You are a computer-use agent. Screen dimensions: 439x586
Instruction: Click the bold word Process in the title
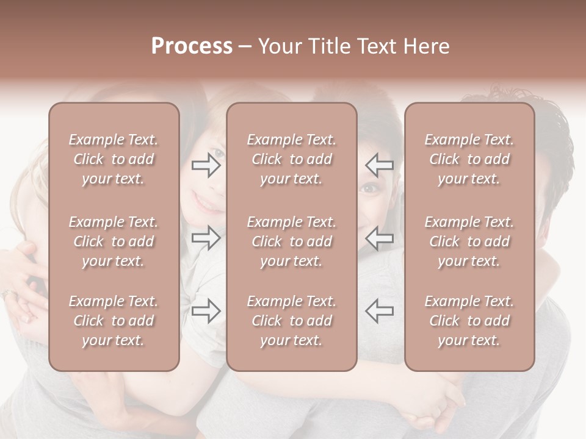pyautogui.click(x=192, y=46)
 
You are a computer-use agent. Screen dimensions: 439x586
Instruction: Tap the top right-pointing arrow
pyautogui.click(x=206, y=165)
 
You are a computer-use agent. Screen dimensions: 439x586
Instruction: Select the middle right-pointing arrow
pyautogui.click(x=206, y=238)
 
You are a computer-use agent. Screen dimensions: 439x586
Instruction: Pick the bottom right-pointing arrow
pyautogui.click(x=206, y=311)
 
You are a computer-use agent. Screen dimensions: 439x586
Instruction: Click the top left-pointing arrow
pyautogui.click(x=379, y=165)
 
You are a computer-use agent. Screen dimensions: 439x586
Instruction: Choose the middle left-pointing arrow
pyautogui.click(x=379, y=238)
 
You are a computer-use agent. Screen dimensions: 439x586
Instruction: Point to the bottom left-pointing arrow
pyautogui.click(x=379, y=311)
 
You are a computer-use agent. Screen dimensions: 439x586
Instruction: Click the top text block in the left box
pyautogui.click(x=114, y=159)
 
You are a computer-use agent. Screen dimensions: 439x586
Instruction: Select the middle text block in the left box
pyautogui.click(x=114, y=241)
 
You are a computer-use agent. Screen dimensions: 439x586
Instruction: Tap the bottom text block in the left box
pyautogui.click(x=114, y=321)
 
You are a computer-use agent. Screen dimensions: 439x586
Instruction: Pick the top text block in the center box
pyautogui.click(x=292, y=159)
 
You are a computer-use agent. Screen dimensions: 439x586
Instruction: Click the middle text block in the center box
pyautogui.click(x=292, y=241)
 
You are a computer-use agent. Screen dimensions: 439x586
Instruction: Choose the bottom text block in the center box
pyautogui.click(x=292, y=321)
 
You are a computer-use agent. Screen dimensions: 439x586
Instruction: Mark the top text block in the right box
pyautogui.click(x=469, y=159)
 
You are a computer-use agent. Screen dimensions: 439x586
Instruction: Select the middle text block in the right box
pyautogui.click(x=469, y=241)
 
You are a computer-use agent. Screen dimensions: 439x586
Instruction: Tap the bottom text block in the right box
pyautogui.click(x=469, y=321)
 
